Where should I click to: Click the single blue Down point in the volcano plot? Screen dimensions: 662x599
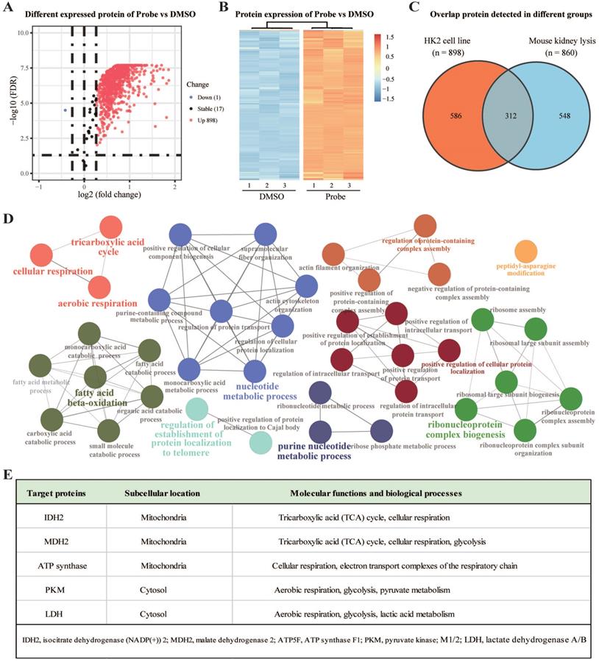tap(65, 110)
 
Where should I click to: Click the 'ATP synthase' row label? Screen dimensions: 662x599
tap(59, 566)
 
